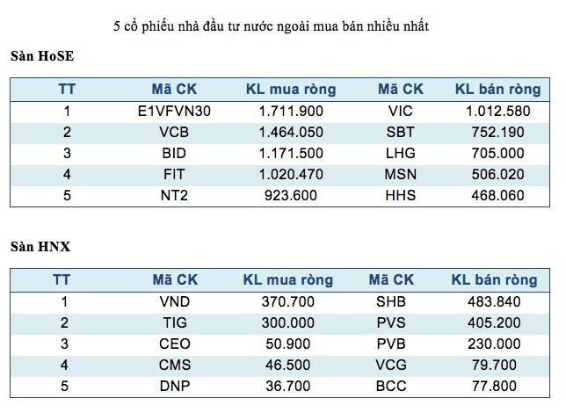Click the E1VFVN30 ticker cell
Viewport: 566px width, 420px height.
click(174, 112)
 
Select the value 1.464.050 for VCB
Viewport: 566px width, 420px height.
click(291, 133)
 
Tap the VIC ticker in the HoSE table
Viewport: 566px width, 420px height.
click(400, 112)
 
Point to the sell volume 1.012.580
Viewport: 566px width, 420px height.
click(497, 112)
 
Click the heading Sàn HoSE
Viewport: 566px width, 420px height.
click(42, 56)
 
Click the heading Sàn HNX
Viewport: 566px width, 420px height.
click(40, 247)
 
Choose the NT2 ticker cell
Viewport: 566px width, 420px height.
click(174, 196)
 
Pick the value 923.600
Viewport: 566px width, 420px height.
click(291, 196)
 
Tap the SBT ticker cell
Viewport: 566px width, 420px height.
click(400, 133)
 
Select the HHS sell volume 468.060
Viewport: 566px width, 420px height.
click(497, 196)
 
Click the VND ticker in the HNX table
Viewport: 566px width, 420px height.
click(174, 301)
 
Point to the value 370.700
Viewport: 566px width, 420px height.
click(288, 301)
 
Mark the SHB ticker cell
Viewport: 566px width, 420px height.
click(391, 301)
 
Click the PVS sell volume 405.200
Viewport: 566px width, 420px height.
click(494, 322)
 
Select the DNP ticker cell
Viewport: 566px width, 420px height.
click(174, 386)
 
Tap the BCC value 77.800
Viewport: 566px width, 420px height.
click(494, 386)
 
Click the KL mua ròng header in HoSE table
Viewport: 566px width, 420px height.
click(291, 89)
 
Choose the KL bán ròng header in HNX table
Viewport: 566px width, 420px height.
click(494, 280)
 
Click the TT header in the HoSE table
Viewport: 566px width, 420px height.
click(67, 89)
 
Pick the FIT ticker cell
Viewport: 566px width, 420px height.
click(174, 175)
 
